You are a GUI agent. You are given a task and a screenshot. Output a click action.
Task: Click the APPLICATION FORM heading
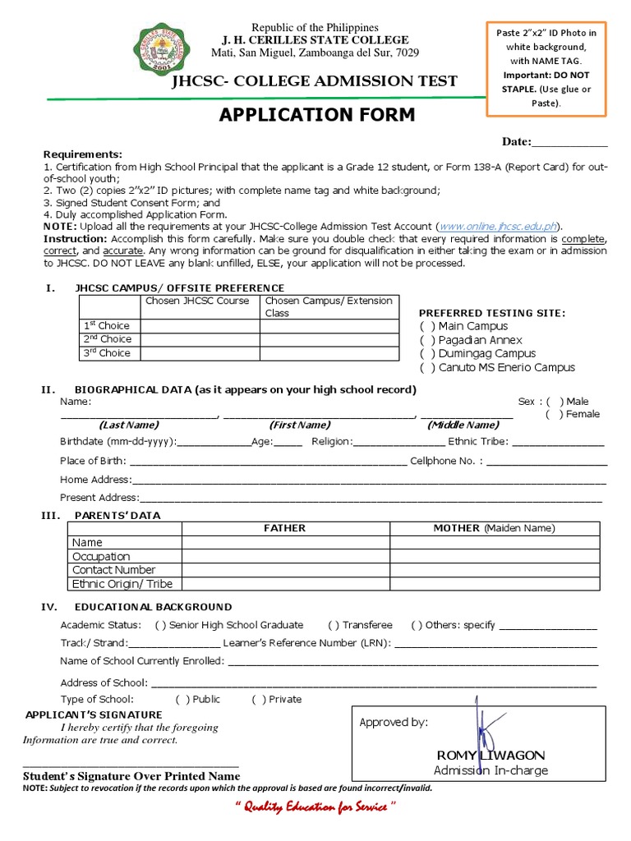coord(317,115)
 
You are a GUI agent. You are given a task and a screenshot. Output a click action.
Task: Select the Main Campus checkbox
coord(427,326)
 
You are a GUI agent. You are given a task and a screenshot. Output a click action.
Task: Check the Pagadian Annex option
coord(427,340)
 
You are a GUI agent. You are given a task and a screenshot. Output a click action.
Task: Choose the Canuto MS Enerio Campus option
coord(427,368)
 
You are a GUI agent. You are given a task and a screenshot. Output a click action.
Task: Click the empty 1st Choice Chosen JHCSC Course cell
coord(200,326)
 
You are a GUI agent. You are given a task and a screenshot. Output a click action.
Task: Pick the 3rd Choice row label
coord(108,353)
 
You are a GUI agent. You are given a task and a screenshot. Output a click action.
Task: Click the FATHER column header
coord(284,528)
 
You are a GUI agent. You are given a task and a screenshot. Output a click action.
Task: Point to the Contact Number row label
coord(114,570)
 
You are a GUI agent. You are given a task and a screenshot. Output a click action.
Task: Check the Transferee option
coord(334,625)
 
